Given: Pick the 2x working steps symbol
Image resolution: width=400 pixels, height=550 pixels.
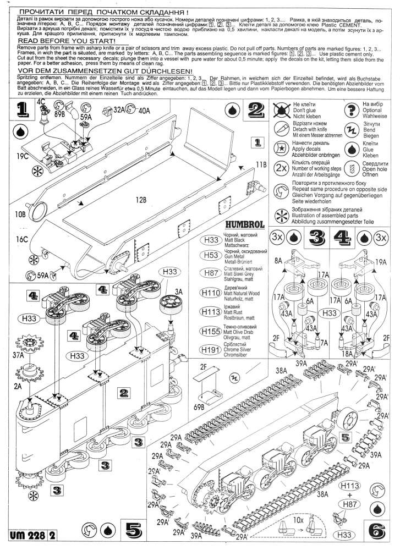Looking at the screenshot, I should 281,168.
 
